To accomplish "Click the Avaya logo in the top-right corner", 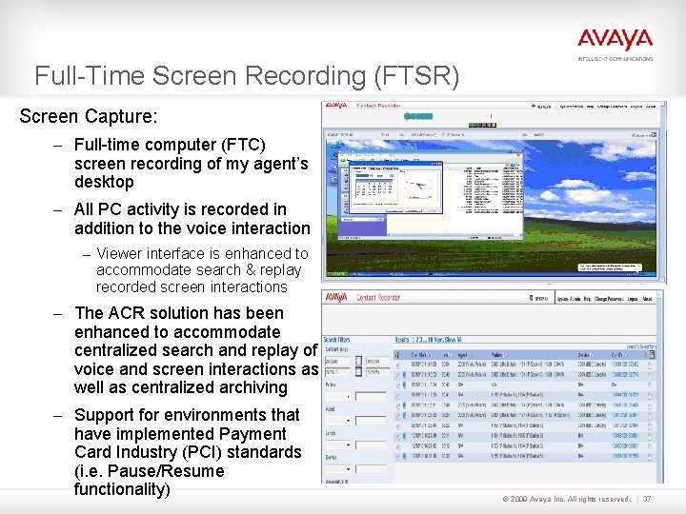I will [x=615, y=40].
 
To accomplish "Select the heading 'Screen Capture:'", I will [x=89, y=117].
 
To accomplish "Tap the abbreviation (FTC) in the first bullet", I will [x=242, y=145].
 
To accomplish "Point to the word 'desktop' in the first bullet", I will [x=104, y=182].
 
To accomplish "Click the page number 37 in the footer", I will [x=647, y=499].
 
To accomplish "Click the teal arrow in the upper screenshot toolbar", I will [x=418, y=116].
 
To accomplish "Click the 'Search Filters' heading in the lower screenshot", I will [x=340, y=339].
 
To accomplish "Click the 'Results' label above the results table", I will [x=409, y=339].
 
